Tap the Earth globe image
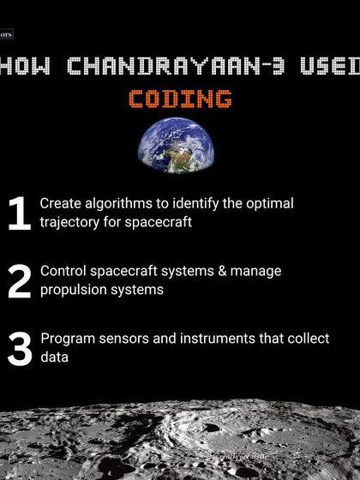176,145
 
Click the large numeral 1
18,214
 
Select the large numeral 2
19,281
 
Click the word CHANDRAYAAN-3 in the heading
191,65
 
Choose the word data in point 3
54,357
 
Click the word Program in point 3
67,339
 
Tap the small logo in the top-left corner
7,36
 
